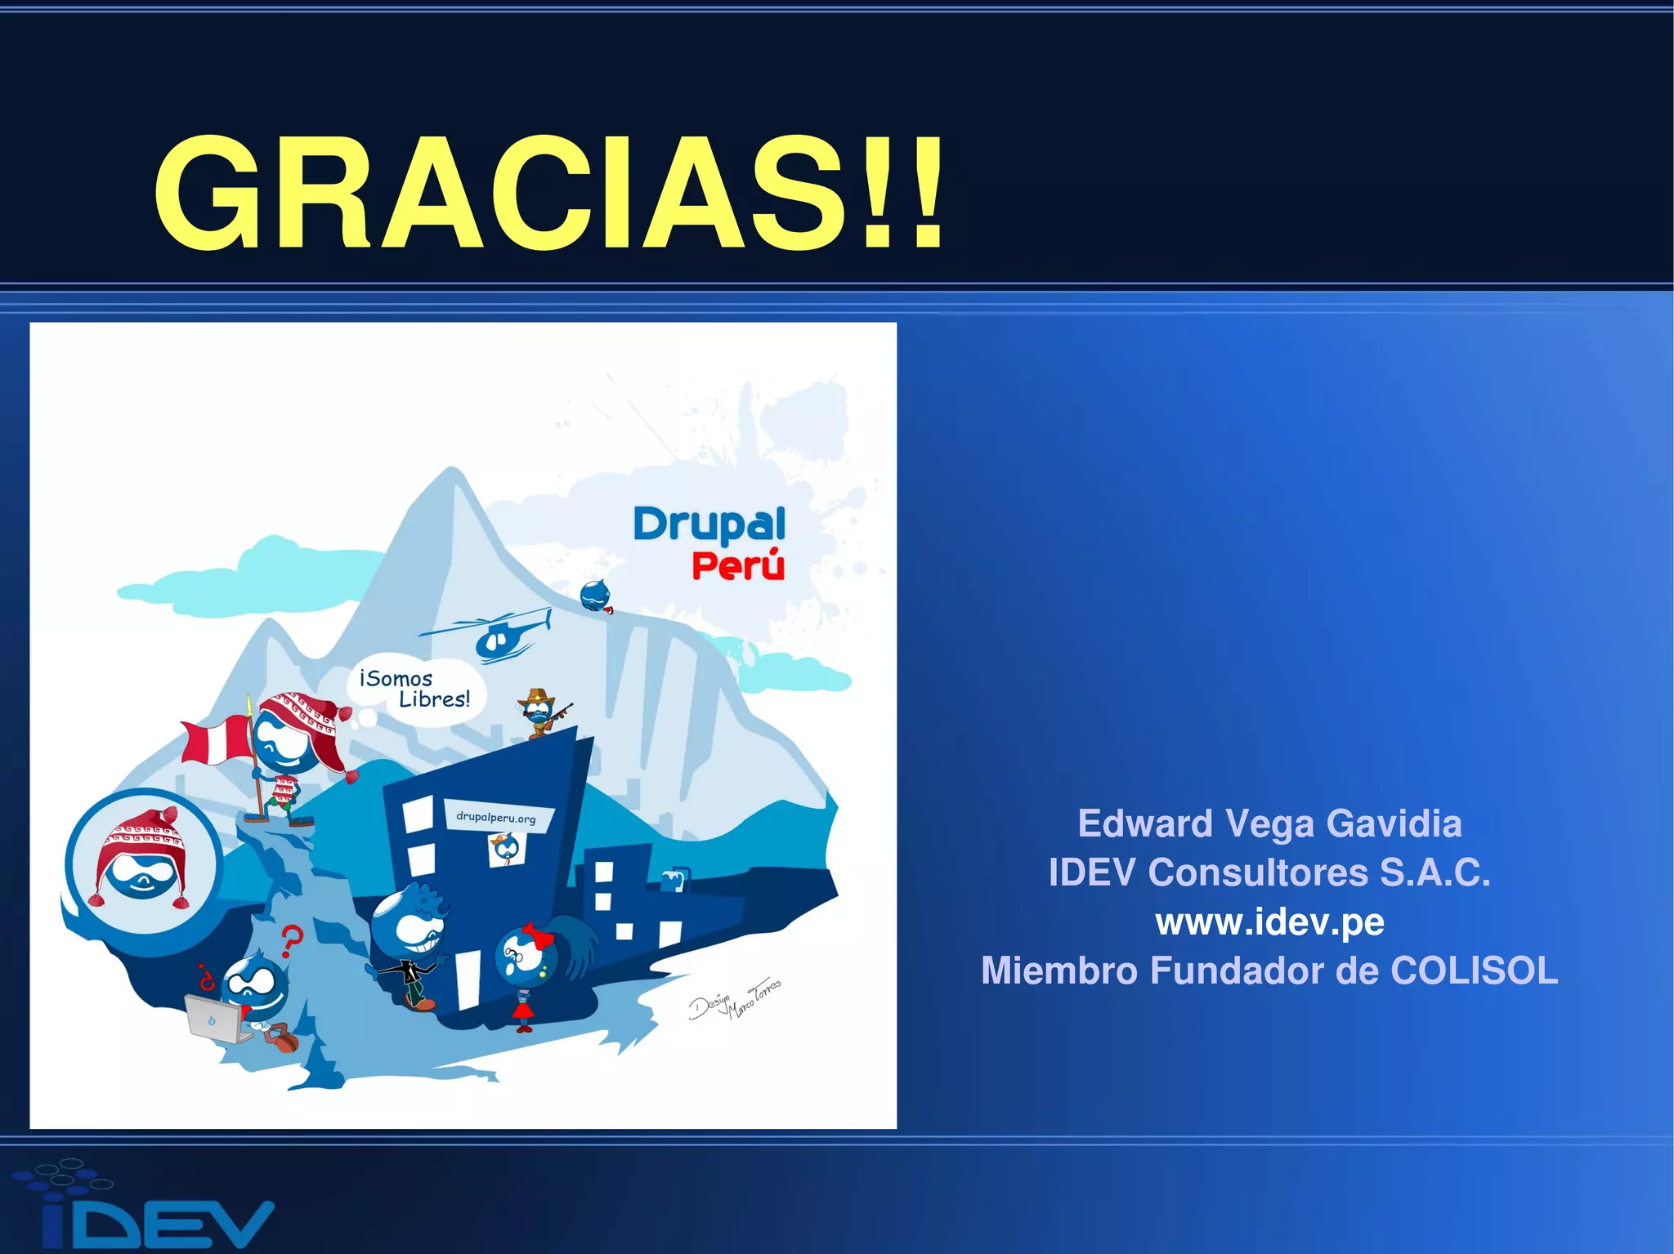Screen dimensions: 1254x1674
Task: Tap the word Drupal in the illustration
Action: pyautogui.click(x=709, y=524)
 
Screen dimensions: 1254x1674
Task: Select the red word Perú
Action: pyautogui.click(x=738, y=565)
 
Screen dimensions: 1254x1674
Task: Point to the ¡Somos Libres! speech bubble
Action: pyautogui.click(x=417, y=689)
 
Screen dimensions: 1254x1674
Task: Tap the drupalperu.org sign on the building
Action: pyautogui.click(x=496, y=817)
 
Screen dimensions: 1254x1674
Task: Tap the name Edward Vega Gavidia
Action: pyautogui.click(x=1269, y=823)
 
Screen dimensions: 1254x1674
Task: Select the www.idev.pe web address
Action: pyautogui.click(x=1269, y=922)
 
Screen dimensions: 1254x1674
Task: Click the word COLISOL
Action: pyautogui.click(x=1475, y=971)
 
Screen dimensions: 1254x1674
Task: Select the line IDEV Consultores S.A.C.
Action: pyautogui.click(x=1269, y=872)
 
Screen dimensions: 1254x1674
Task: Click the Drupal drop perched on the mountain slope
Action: pyautogui.click(x=596, y=596)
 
